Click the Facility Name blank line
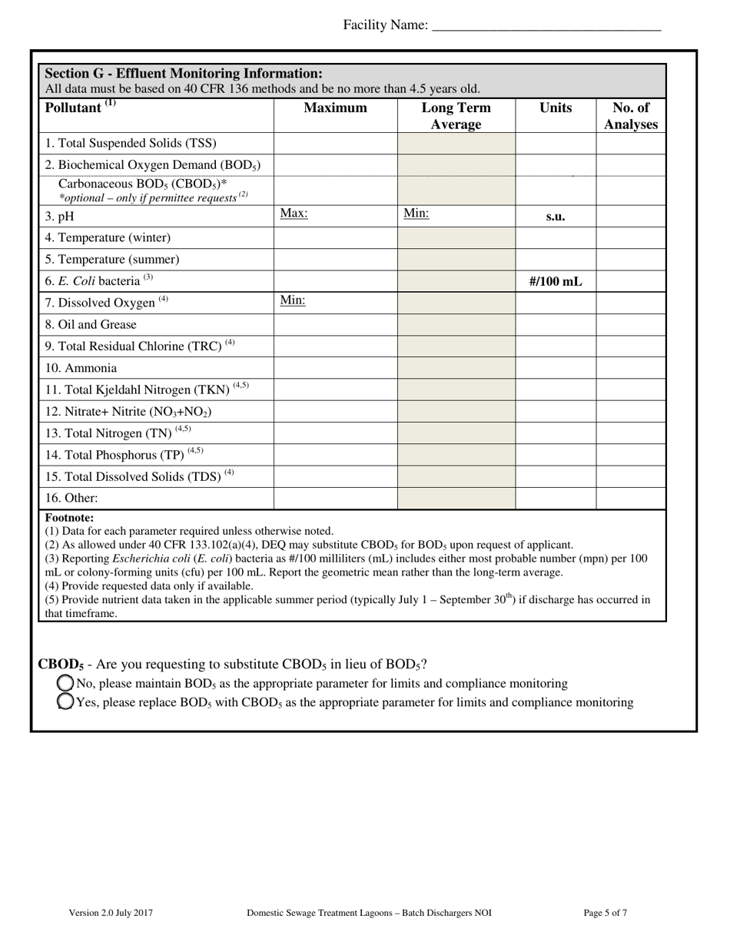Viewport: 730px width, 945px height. [x=546, y=26]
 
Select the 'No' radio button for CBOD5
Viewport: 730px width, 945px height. [x=66, y=683]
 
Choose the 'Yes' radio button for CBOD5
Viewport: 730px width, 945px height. [x=66, y=701]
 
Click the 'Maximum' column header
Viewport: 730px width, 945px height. [x=335, y=108]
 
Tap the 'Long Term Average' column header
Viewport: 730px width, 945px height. [x=456, y=116]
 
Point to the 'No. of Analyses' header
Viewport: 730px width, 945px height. [x=630, y=116]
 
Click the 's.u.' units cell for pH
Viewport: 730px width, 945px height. [x=555, y=217]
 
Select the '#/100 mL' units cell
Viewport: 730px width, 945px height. [x=555, y=281]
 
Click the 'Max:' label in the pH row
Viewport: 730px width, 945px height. [x=294, y=214]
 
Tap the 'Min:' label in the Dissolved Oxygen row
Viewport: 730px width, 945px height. [x=293, y=300]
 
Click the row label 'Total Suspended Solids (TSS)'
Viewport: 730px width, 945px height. [x=131, y=143]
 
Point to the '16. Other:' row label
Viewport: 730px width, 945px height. [x=71, y=498]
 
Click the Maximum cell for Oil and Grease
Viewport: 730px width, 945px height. [x=335, y=325]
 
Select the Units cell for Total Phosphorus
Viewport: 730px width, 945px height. [x=555, y=455]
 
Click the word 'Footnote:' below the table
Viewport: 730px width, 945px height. [x=69, y=518]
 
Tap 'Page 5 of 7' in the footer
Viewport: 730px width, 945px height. [x=605, y=913]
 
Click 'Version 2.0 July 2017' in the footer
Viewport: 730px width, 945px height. [x=111, y=913]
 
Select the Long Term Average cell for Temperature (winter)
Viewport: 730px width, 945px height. [x=456, y=238]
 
